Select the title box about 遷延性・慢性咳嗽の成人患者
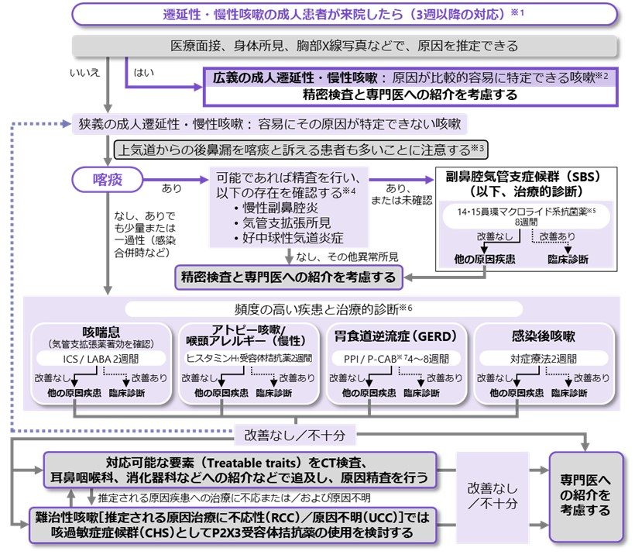coord(345,14)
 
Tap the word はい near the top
coord(144,72)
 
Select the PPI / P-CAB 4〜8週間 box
coord(395,359)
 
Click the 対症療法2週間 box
coord(543,359)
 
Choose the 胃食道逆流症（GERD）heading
coord(395,336)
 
